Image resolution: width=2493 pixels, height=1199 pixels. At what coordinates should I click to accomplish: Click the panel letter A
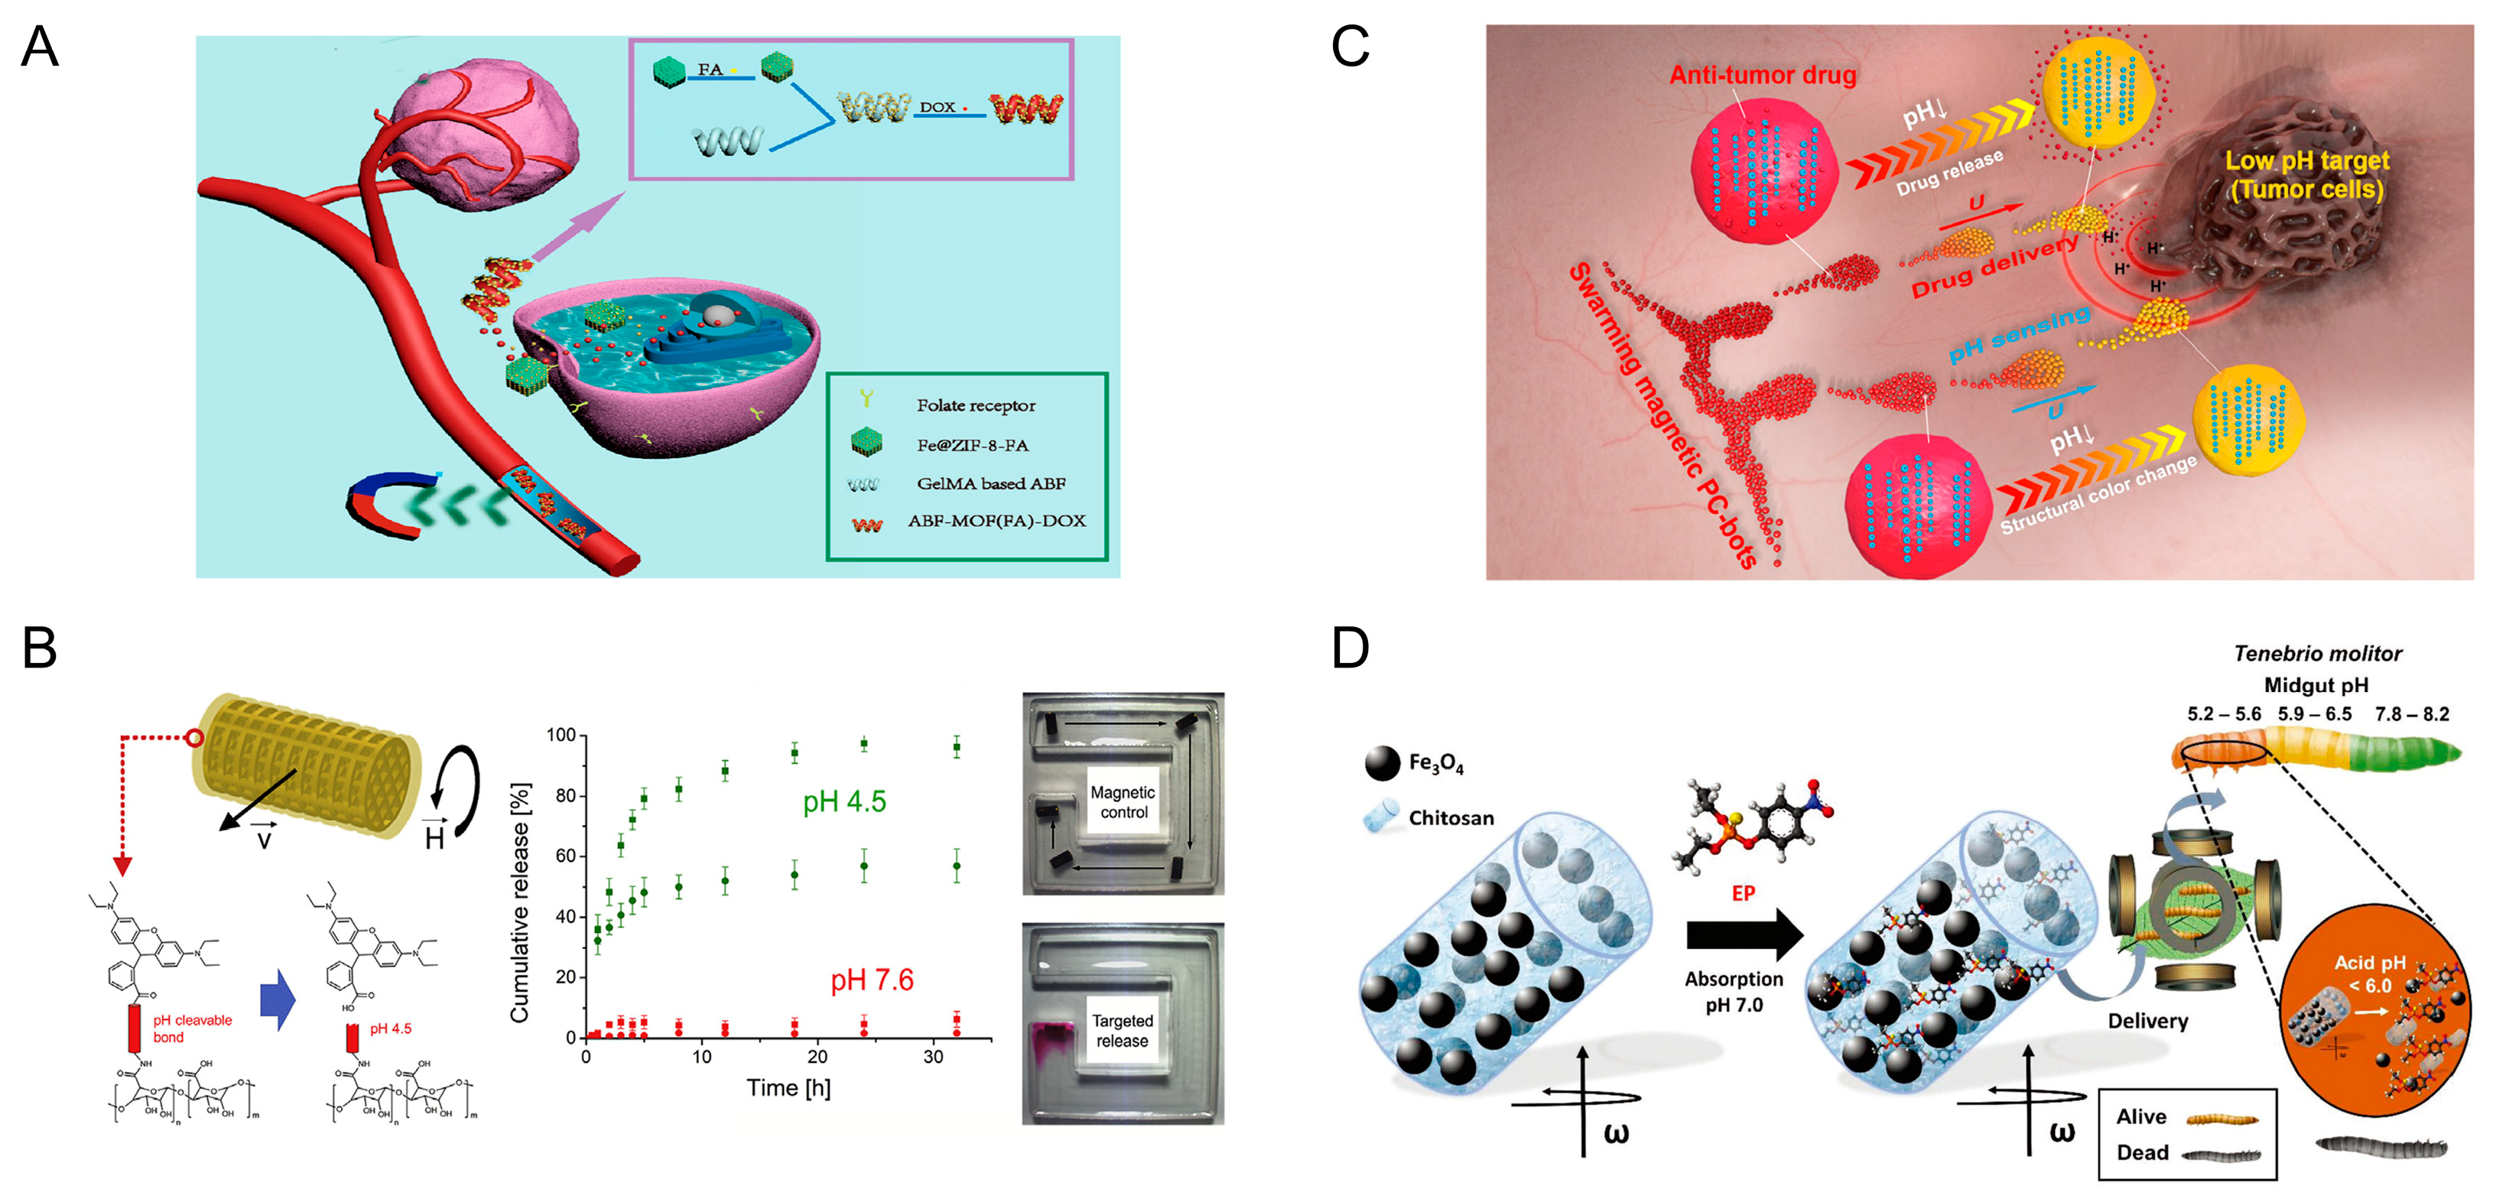click(x=40, y=47)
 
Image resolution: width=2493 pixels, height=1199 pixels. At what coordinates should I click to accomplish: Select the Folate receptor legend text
click(x=976, y=405)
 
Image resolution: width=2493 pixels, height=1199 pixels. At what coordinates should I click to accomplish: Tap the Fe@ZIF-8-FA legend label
click(x=972, y=445)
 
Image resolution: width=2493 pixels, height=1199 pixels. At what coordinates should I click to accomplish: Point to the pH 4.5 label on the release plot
click(x=844, y=801)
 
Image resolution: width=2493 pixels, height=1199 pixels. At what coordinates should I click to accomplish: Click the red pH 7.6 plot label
click(x=872, y=980)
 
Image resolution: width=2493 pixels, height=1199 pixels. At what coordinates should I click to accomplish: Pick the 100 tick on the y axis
click(x=561, y=736)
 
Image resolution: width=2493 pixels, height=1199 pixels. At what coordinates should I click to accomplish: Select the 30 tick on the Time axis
click(x=933, y=1057)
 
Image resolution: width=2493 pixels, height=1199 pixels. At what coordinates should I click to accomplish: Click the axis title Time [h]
click(x=788, y=1087)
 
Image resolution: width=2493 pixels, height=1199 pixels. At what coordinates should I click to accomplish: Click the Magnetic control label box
click(x=1123, y=802)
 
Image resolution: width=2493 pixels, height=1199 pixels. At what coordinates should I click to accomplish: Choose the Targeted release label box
click(x=1123, y=1031)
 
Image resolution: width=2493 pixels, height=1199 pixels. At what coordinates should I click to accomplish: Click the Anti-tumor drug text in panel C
click(x=1763, y=76)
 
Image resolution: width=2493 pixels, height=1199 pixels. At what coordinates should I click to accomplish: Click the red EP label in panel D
click(x=1743, y=893)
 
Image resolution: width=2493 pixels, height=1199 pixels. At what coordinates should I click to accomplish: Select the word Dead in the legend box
click(x=2142, y=1152)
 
